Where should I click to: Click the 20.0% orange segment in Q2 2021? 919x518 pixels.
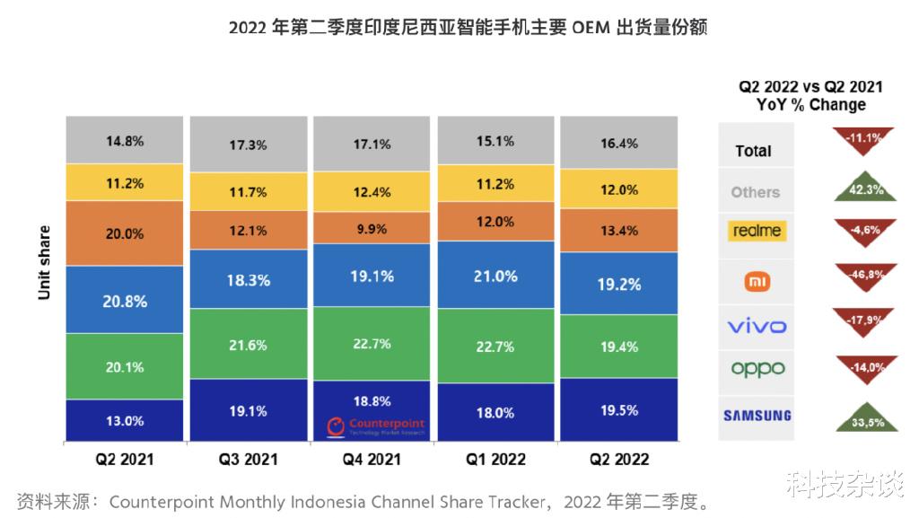coord(125,233)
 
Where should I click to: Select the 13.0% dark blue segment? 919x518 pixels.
coord(125,420)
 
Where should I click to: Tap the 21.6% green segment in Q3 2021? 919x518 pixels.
coord(249,344)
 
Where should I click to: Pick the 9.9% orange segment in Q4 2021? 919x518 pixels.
coord(372,228)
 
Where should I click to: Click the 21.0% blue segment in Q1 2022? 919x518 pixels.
coord(496,277)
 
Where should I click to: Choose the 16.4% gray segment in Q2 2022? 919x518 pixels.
coord(619,142)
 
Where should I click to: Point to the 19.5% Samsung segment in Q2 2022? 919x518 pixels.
coord(619,409)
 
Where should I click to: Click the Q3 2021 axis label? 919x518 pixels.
coord(249,460)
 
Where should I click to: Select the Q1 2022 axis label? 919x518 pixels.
coord(496,460)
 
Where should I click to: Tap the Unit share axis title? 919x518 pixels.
coord(44,261)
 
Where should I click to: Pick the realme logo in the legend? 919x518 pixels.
coord(757,231)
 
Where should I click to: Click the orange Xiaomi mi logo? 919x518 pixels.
coord(757,282)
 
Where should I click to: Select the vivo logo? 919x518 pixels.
coord(756,326)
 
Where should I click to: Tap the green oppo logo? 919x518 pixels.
coord(757,369)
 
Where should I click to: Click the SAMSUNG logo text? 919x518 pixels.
coord(757,415)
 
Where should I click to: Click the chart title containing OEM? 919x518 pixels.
coord(468,28)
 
